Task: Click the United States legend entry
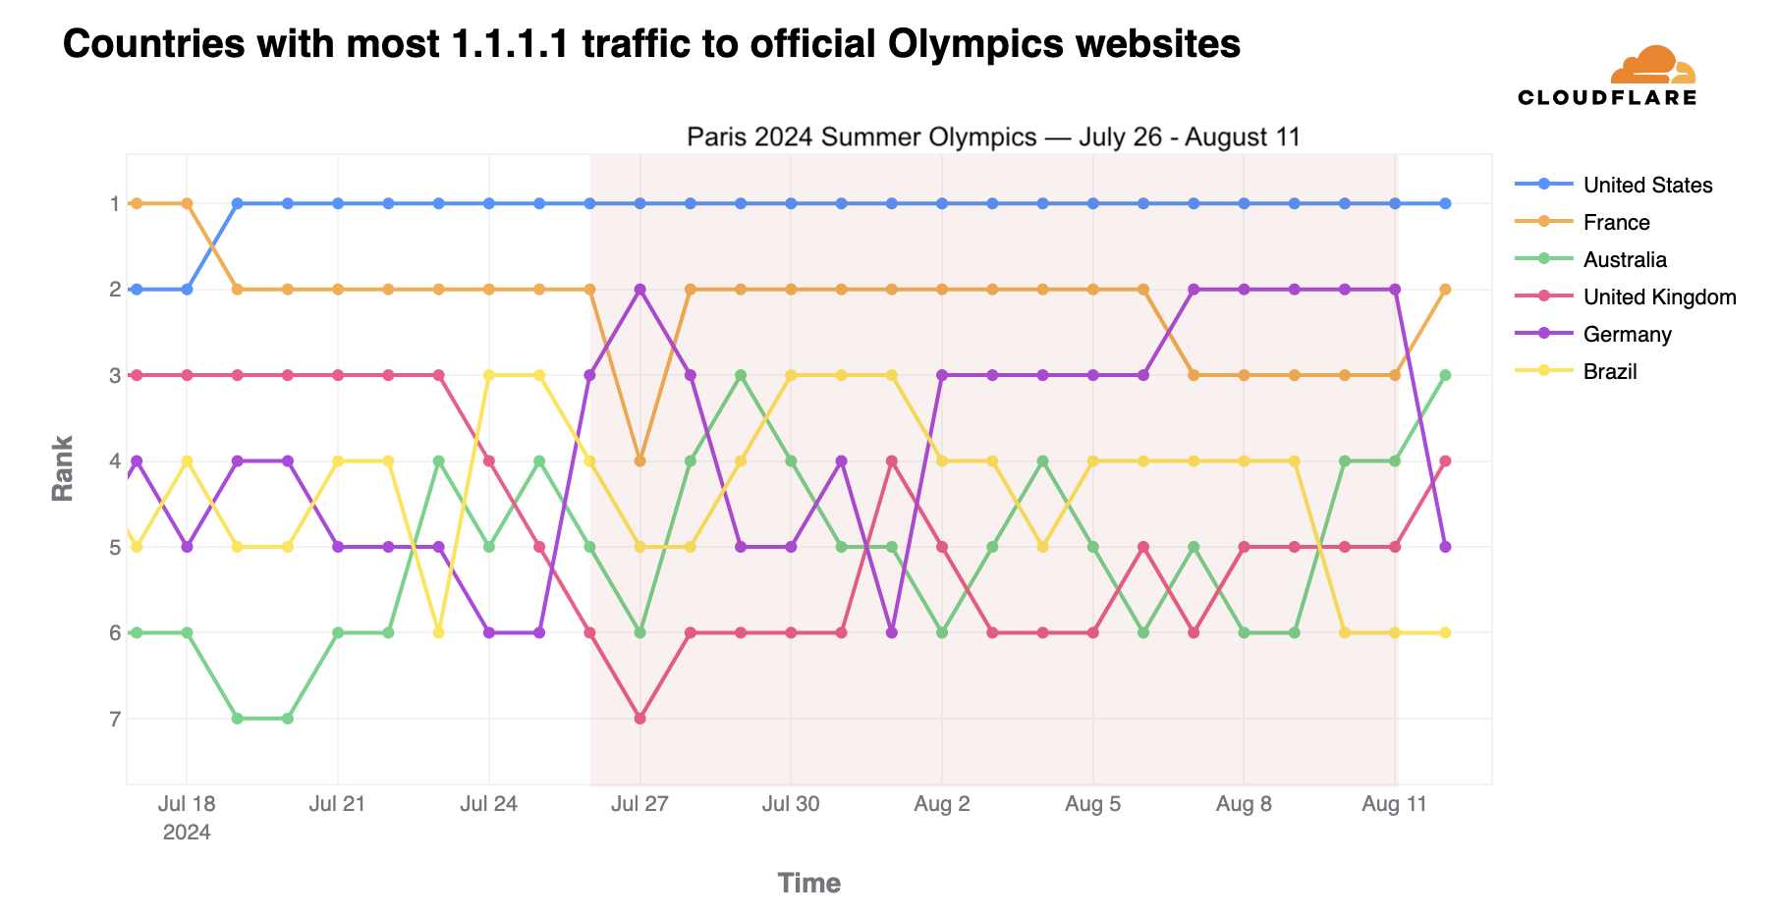1646,186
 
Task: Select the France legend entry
1616,223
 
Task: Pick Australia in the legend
1625,260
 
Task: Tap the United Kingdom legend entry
1659,297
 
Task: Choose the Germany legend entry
1627,335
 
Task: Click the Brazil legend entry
1610,372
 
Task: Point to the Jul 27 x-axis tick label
639,805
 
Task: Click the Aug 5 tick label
1093,805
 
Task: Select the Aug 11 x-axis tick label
1395,805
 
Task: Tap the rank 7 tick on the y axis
114,720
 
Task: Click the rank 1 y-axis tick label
114,204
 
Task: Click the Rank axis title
63,468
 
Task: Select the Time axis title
808,884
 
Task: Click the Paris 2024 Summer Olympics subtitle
993,137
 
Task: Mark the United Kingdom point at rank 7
640,719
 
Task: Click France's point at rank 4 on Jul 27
640,460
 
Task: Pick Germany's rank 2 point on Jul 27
640,290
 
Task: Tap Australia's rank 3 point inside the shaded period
741,375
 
